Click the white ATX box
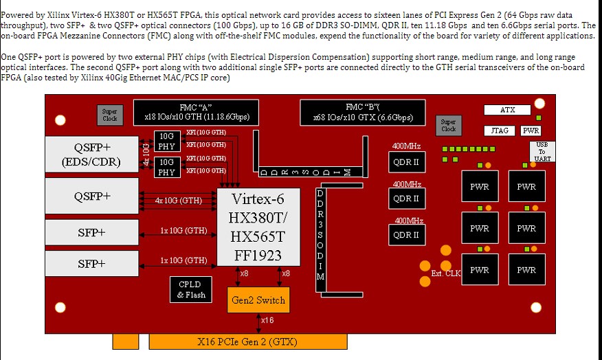507,110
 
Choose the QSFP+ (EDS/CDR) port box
92,155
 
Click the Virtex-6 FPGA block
258,227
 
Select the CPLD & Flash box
190,290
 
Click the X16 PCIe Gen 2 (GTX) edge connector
247,341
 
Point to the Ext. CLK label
445,273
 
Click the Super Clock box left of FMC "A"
110,115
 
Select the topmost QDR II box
406,162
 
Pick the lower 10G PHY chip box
166,167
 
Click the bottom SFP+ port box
92,264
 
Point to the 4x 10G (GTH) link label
179,201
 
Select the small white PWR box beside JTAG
531,130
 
